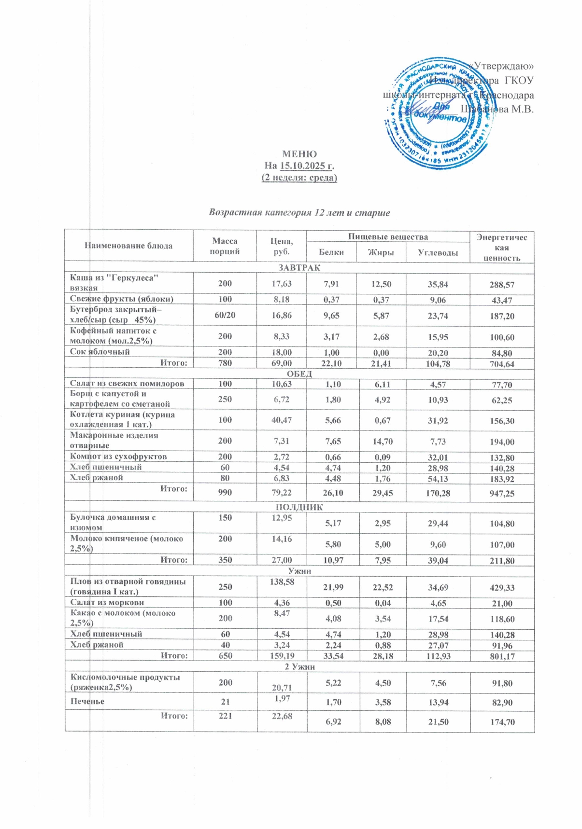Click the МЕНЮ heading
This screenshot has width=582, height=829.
(x=299, y=154)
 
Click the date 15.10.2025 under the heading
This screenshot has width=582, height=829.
(x=307, y=166)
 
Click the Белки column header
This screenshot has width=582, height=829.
(x=331, y=252)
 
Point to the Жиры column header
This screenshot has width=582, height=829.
(x=381, y=252)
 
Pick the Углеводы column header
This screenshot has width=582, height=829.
(x=438, y=252)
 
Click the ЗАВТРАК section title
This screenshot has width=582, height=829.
(x=299, y=267)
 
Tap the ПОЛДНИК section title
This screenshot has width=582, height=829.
(x=299, y=507)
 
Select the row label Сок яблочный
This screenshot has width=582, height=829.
(x=100, y=352)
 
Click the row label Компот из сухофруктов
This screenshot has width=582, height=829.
(x=118, y=456)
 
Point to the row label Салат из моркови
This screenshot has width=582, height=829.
(x=107, y=602)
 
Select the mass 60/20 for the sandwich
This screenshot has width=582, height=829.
(x=225, y=315)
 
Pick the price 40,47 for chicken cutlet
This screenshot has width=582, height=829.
(x=275, y=420)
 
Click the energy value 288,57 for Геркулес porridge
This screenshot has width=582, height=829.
(x=502, y=285)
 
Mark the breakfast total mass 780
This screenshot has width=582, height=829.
(x=225, y=363)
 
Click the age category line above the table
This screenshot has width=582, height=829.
(x=299, y=212)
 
